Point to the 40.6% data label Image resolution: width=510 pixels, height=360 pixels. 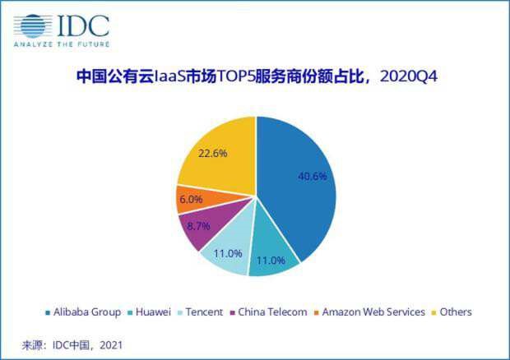pyautogui.click(x=311, y=176)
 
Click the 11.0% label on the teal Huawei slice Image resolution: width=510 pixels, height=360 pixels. pyautogui.click(x=272, y=261)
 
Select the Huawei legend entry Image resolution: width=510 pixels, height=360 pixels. pyautogui.click(x=155, y=312)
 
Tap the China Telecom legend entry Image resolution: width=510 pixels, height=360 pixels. pyautogui.click(x=270, y=312)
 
